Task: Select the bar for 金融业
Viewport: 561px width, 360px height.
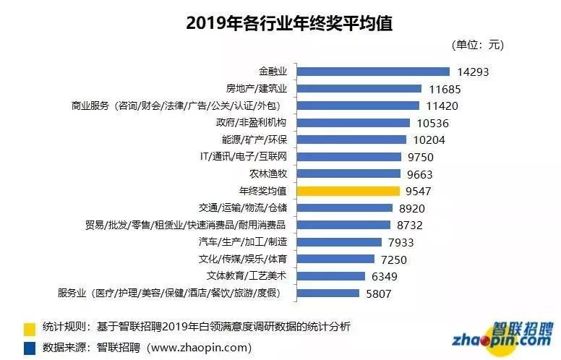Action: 374,72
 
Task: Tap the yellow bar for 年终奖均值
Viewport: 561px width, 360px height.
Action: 348,191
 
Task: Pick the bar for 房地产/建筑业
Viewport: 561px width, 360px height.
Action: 359,89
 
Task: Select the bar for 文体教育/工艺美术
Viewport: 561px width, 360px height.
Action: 331,276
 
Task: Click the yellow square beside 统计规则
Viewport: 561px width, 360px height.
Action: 30,327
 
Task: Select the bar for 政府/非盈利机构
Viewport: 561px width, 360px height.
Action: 354,123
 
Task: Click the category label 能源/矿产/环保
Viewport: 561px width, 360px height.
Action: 254,140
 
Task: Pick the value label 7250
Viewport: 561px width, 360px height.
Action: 397,259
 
